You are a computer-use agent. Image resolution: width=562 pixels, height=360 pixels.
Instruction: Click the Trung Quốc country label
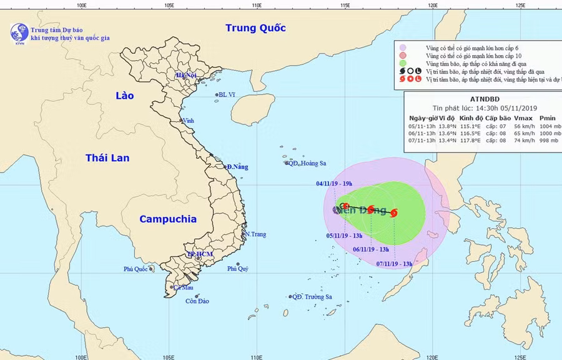[255, 28]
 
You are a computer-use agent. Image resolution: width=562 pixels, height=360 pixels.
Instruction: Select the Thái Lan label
[107, 157]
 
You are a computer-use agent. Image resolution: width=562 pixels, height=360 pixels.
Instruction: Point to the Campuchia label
[167, 219]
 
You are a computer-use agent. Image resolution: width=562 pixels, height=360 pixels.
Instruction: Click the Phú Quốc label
[136, 270]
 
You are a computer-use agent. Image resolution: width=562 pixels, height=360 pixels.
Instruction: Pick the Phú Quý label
[238, 269]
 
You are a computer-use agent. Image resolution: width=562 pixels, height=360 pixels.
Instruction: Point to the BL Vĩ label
[227, 95]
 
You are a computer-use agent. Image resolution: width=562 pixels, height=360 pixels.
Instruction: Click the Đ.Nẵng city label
[237, 167]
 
